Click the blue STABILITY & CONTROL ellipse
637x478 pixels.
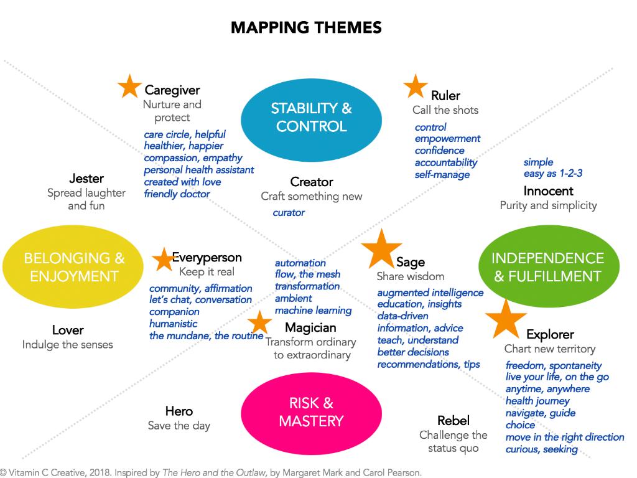tap(311, 117)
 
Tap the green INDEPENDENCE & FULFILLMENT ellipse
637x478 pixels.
tap(548, 267)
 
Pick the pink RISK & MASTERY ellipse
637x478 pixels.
tap(311, 412)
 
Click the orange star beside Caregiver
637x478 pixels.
tap(129, 87)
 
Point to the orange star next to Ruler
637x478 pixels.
tap(415, 87)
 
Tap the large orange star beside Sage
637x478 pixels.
tap(381, 248)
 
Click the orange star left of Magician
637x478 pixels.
tap(259, 322)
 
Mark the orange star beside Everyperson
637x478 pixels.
tap(164, 259)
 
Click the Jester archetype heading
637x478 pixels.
tap(86, 179)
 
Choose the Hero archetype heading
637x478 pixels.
tap(179, 411)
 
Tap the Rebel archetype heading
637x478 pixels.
tap(453, 421)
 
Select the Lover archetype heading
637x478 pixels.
tap(68, 330)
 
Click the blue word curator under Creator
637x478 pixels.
tap(289, 213)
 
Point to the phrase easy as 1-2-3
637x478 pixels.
tap(553, 174)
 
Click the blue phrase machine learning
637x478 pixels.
tap(313, 310)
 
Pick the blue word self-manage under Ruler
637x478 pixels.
tap(442, 175)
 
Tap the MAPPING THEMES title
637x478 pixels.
tap(306, 27)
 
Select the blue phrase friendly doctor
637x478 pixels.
tap(177, 194)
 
